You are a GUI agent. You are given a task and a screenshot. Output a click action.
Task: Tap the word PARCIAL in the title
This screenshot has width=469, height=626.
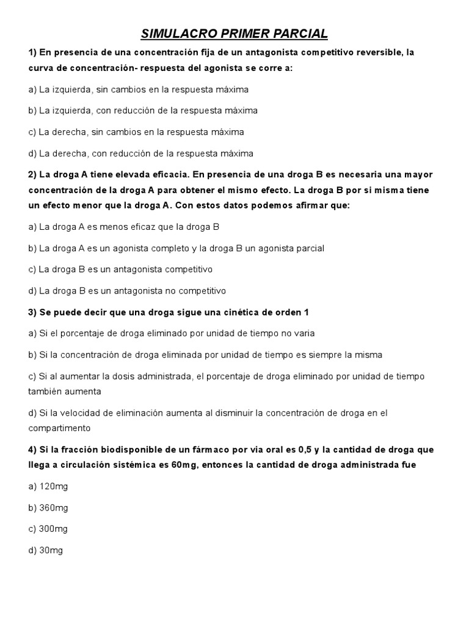point(299,33)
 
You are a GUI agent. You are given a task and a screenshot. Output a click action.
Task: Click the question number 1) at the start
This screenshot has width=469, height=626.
point(32,53)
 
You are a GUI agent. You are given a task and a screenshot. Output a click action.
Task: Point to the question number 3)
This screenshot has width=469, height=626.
point(32,312)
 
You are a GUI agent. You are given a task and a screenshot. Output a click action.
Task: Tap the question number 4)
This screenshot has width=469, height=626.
point(32,449)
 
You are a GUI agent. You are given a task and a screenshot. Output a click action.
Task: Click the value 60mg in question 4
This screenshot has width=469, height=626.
point(184,465)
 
